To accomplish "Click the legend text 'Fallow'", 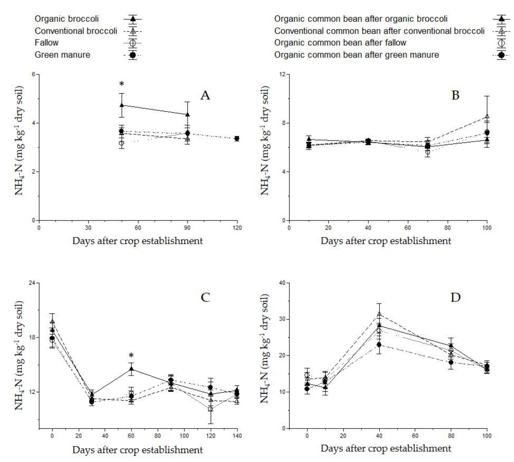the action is (x=47, y=43).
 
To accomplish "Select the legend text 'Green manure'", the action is (x=63, y=55).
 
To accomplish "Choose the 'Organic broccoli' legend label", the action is (x=67, y=19).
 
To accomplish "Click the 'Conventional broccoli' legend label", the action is (x=76, y=31).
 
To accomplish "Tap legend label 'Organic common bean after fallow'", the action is (x=340, y=43).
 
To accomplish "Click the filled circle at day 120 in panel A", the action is (x=237, y=138).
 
